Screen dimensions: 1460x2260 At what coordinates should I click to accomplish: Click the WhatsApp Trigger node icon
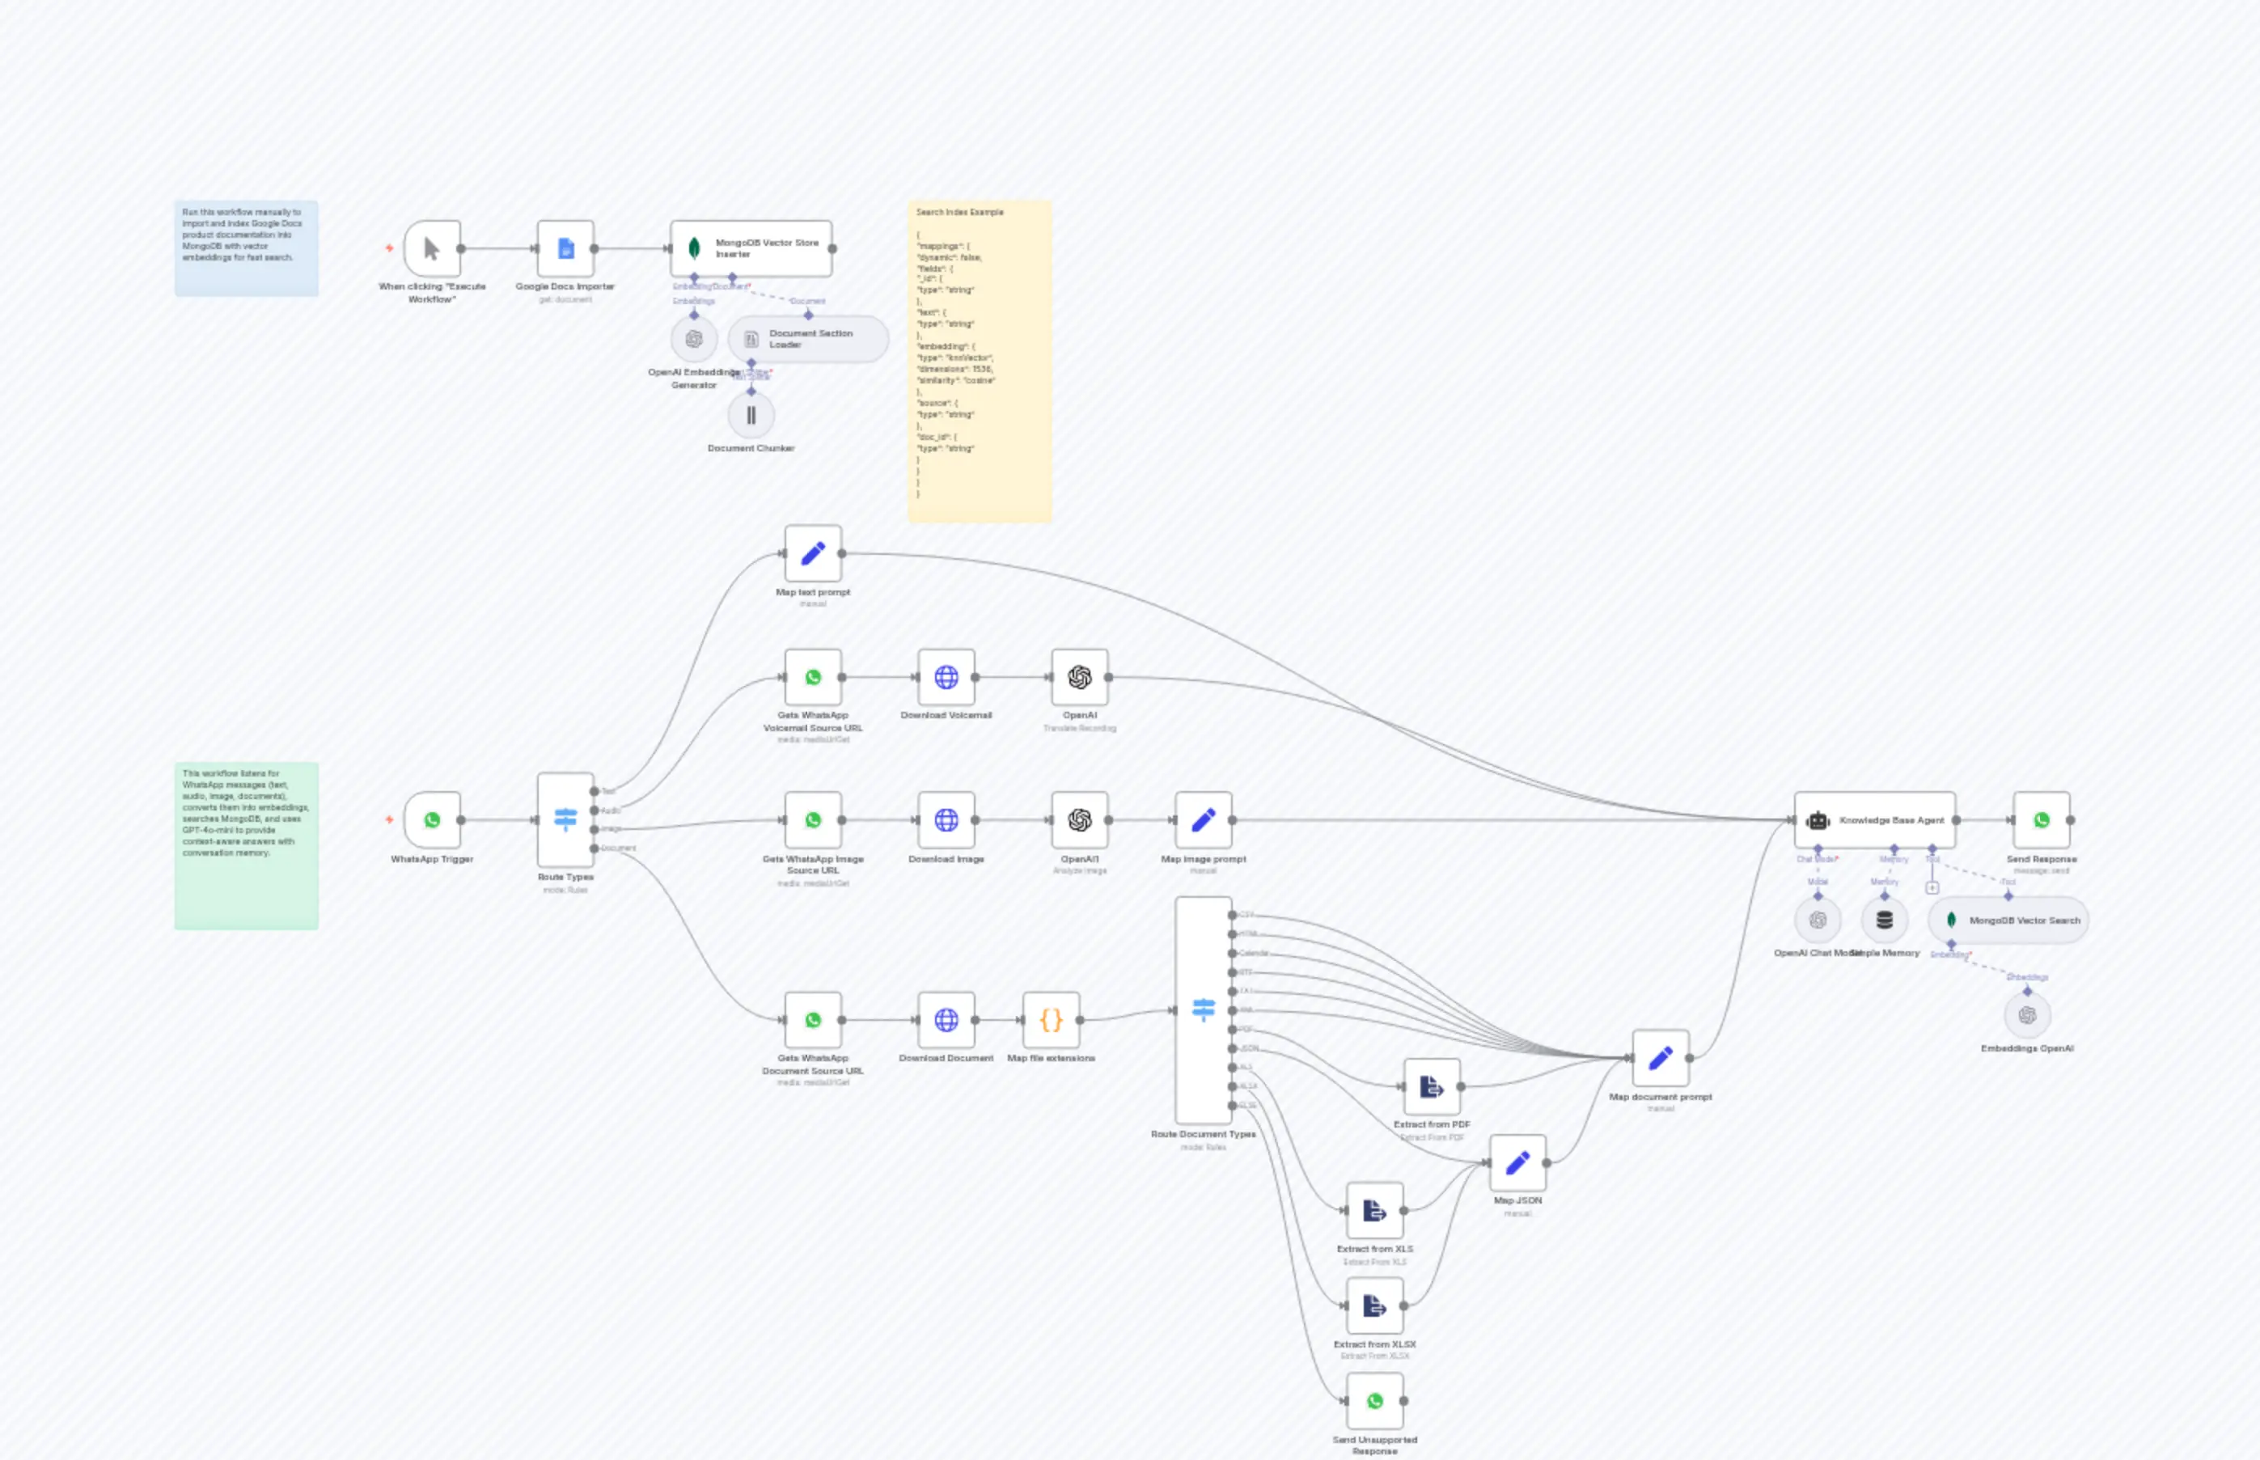(432, 820)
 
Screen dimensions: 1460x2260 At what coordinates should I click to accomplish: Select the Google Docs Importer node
(566, 248)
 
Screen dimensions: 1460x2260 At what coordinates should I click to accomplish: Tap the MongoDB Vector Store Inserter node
(751, 248)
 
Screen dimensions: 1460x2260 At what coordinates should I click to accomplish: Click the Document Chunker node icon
(751, 415)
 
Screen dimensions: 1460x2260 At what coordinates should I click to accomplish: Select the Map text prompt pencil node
(814, 553)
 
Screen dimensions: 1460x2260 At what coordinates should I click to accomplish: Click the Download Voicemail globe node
(946, 677)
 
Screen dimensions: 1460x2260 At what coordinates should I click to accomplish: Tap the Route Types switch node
(566, 820)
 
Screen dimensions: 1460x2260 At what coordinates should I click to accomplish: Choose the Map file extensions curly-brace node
(1052, 1020)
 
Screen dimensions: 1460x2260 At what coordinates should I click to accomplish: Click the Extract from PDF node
(1432, 1086)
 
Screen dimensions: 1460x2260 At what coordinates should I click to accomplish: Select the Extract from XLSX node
(1374, 1306)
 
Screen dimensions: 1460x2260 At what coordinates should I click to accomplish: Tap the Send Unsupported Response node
(1374, 1400)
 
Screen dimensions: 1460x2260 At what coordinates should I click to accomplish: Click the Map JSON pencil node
(1517, 1162)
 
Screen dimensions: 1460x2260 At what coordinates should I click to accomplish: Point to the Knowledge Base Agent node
(1874, 820)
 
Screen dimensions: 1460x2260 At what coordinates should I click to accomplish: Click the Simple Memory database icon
(1885, 920)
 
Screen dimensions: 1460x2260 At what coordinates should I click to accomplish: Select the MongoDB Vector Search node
(2008, 920)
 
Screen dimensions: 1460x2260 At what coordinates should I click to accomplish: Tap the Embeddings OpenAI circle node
(2027, 1015)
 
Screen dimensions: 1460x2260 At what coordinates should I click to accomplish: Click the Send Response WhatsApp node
(2041, 820)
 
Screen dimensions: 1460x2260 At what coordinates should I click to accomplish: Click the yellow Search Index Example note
(980, 360)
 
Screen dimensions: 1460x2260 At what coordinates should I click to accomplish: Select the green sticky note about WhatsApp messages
(247, 845)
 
